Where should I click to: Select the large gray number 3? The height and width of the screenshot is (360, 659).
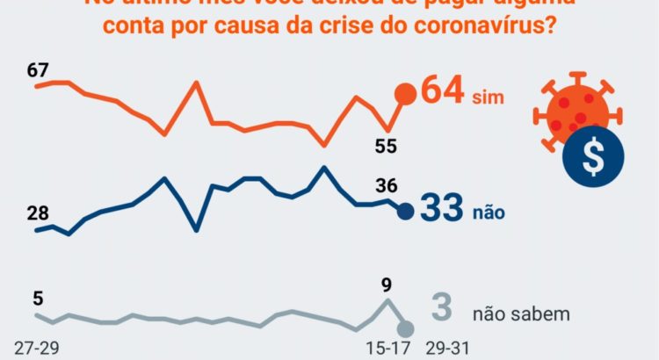443,308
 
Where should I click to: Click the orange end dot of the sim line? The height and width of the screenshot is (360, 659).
405,95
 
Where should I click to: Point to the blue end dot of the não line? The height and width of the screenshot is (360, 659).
405,211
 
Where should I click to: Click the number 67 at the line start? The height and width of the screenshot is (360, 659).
37,70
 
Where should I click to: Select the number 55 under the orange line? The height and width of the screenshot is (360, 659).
385,146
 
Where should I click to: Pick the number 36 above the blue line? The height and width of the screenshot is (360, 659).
385,185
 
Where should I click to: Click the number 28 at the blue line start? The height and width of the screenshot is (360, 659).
37,213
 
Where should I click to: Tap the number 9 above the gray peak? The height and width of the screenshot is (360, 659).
386,284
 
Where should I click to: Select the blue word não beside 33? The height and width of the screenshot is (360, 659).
489,212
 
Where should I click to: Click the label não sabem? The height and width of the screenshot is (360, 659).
521,313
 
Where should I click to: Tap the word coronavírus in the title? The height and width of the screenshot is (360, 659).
474,26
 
